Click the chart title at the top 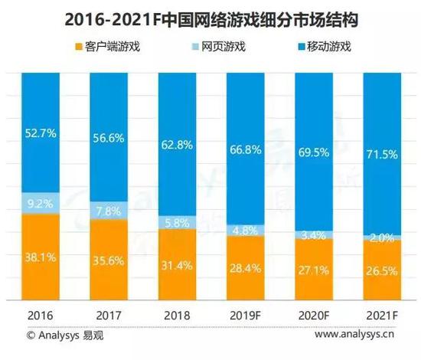click(x=210, y=17)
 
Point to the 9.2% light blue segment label click(x=40, y=205)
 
